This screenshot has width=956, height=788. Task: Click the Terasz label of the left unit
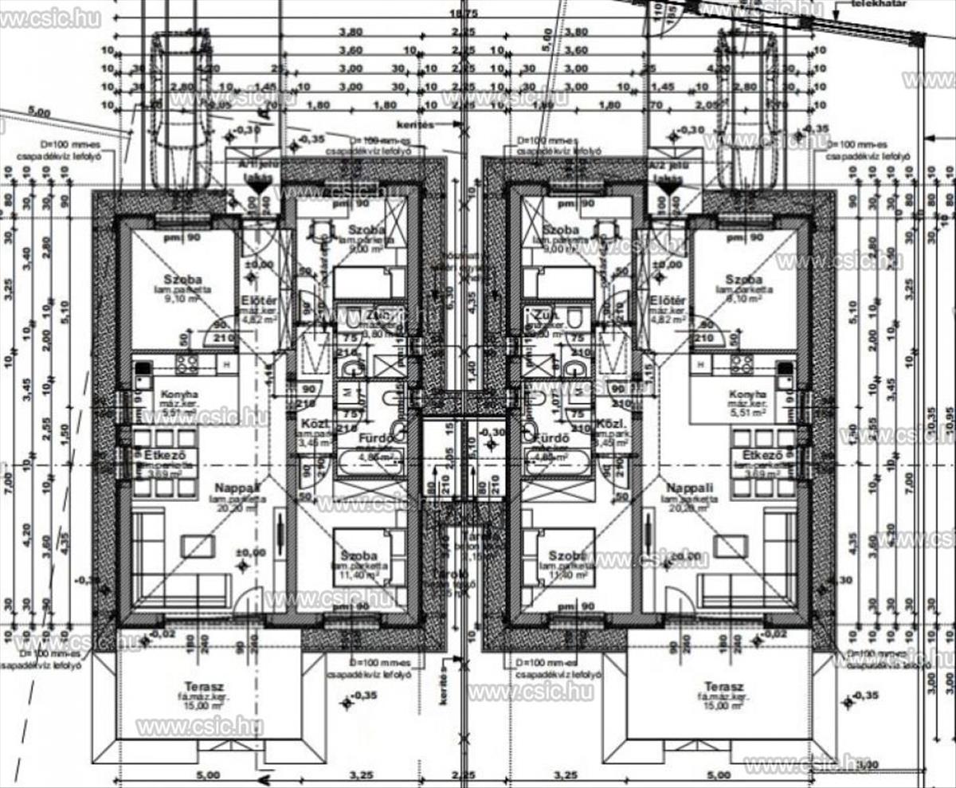[206, 686]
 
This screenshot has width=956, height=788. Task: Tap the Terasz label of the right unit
[723, 686]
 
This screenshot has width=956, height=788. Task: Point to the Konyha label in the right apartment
[748, 394]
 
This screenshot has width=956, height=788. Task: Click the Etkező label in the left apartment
[166, 455]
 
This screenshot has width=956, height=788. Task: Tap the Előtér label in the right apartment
[668, 300]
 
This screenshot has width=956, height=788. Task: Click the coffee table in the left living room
[197, 546]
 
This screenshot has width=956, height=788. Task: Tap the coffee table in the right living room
[730, 546]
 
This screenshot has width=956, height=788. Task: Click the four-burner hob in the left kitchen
[186, 364]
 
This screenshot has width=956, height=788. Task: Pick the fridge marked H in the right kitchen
[701, 364]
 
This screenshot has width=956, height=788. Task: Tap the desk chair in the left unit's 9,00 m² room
[323, 229]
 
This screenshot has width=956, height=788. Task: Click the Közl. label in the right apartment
[609, 425]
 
